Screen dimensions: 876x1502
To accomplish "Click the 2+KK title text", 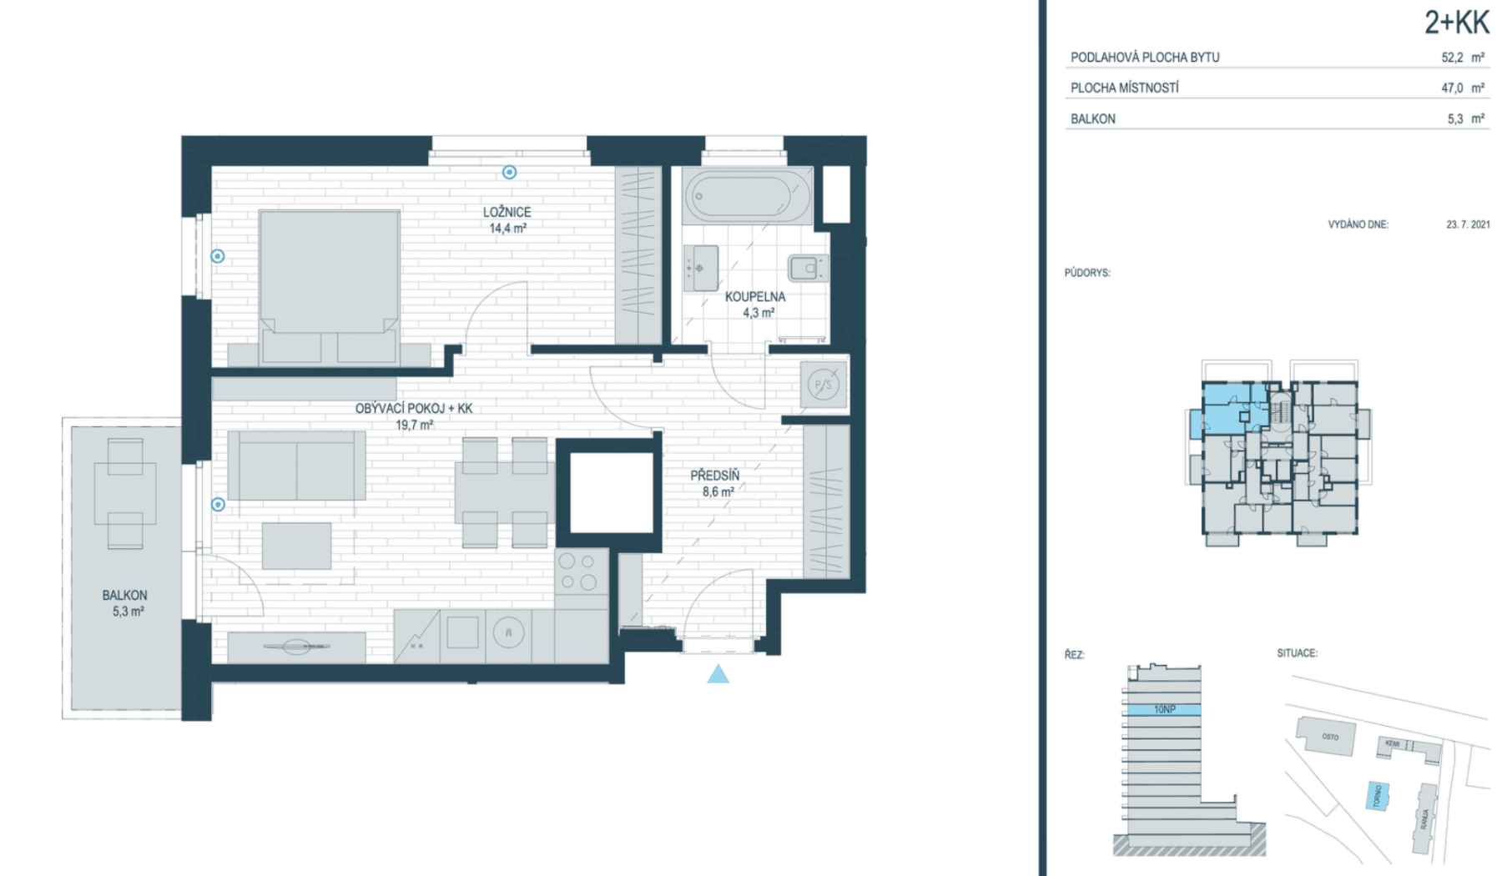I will click(1456, 23).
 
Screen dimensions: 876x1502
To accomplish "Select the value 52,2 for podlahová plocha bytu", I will click(1452, 58).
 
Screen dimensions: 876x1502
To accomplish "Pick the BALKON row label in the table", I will click(1092, 118).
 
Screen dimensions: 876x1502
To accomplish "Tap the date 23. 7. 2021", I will click(1468, 224).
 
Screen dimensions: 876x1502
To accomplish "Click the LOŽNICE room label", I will click(507, 212).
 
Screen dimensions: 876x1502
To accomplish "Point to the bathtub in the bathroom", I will click(747, 196).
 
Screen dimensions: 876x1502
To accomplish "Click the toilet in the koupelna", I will click(806, 268).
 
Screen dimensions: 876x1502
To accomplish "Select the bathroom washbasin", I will click(701, 268).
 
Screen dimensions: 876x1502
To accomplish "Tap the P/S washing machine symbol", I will click(823, 385).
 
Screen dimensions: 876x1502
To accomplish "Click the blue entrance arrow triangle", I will click(718, 674).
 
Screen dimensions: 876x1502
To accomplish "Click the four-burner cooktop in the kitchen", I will click(578, 571).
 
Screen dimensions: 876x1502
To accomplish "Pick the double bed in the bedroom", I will click(329, 284).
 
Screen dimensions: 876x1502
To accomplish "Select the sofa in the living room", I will click(296, 466).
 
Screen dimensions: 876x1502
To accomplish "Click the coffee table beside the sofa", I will click(296, 546).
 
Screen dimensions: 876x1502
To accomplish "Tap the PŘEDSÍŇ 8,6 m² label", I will click(715, 483).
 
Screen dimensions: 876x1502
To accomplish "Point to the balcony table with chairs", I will click(125, 493).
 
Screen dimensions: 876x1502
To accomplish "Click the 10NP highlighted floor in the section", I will click(1164, 709).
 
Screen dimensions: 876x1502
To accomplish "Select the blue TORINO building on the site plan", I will click(1378, 795).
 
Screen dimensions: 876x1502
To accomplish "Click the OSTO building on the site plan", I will click(1327, 737).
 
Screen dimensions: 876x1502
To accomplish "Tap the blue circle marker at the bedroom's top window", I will click(509, 172).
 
